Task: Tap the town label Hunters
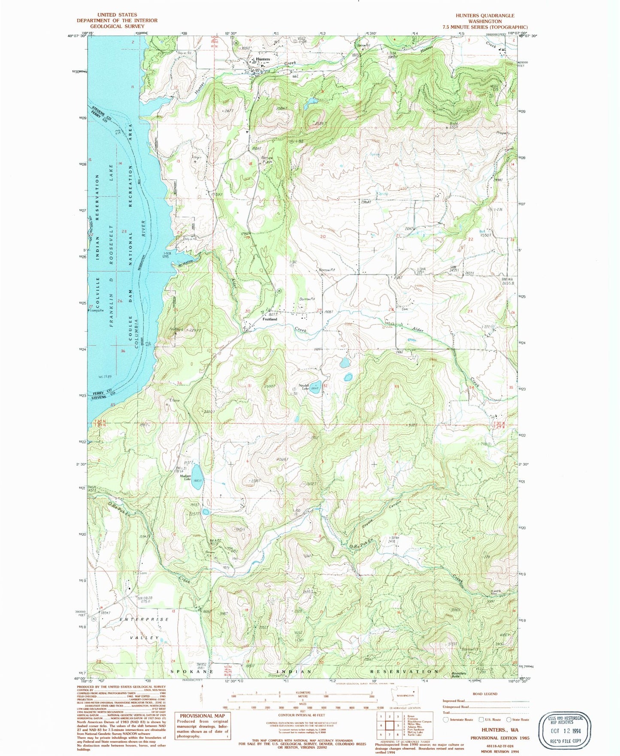263,59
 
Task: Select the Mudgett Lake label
185,478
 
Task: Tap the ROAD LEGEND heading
485,694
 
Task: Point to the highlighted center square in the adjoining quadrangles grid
390,726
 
